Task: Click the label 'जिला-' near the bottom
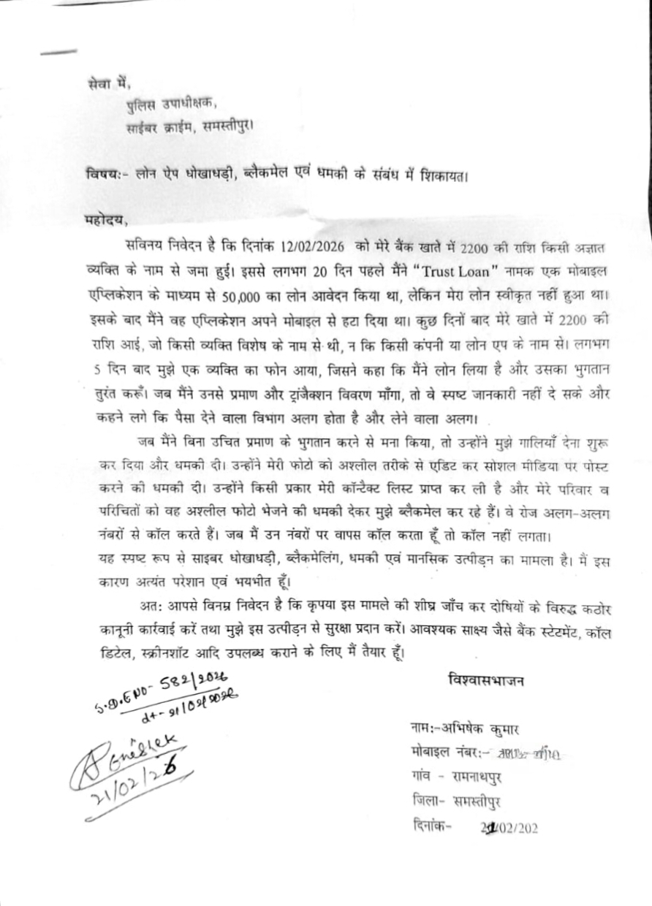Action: pos(426,800)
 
